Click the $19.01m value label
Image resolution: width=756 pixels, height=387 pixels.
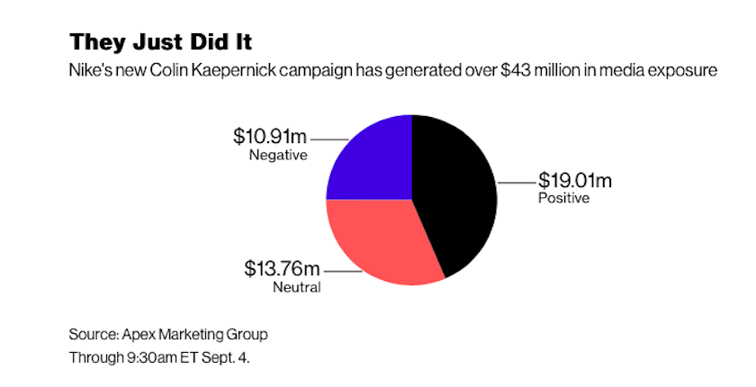pos(580,180)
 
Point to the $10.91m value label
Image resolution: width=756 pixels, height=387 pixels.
pos(270,138)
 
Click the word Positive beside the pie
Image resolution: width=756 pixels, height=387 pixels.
pos(563,198)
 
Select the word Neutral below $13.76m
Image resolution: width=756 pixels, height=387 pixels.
pos(296,287)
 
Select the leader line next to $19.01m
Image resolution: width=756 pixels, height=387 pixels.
pos(514,183)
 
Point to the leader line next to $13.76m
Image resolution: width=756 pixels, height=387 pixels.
pos(339,270)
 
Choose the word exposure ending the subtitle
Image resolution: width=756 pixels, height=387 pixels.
pos(684,71)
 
